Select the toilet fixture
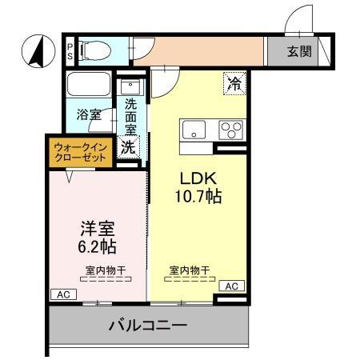click(94, 52)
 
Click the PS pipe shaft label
click(70, 52)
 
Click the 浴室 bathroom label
click(89, 114)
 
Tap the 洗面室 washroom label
click(130, 117)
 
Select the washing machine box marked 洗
click(129, 146)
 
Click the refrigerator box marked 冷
click(234, 82)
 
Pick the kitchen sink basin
click(195, 129)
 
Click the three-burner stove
click(232, 129)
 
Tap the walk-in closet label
click(79, 152)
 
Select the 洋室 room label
click(92, 227)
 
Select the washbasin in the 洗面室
click(130, 86)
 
